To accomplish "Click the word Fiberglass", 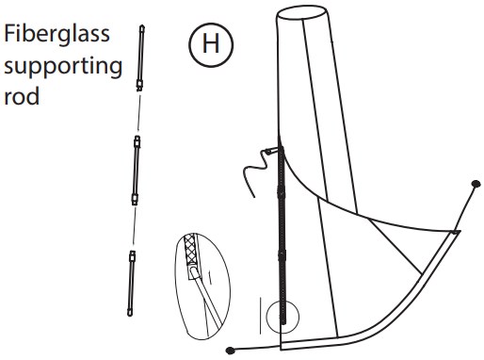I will [x=56, y=34].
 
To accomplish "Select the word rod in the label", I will [x=22, y=97].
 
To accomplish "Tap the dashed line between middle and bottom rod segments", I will [x=135, y=227].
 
